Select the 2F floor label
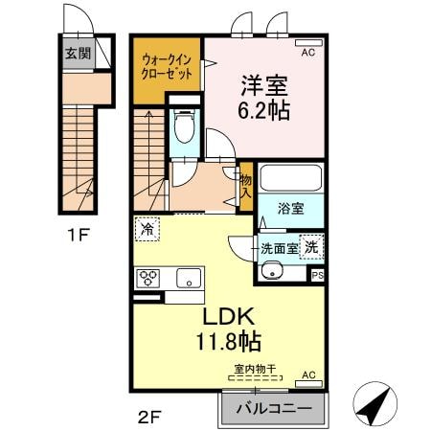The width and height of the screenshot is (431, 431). coord(147,417)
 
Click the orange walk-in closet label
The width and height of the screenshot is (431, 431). coord(167,69)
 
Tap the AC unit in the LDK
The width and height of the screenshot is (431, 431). coord(308,374)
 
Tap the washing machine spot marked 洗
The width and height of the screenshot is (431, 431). coord(312,246)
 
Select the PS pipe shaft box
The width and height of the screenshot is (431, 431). coord(319,275)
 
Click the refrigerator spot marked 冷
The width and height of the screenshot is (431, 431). coord(147,229)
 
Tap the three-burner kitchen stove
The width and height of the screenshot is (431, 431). coord(150,279)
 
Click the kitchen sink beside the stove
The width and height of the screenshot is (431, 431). coord(188,279)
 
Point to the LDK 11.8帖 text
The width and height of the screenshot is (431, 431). coord(228,329)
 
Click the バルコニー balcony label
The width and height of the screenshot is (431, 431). coord(273,409)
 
